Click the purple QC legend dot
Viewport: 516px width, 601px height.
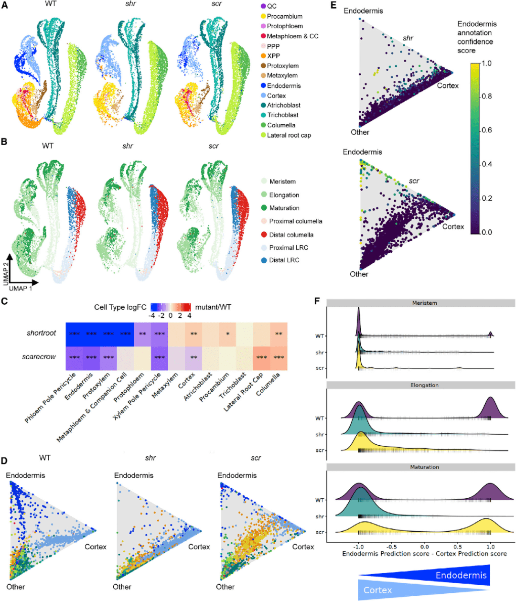[x=263, y=6]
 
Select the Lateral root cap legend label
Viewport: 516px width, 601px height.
[x=289, y=135]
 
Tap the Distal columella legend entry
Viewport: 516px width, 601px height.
[x=291, y=235]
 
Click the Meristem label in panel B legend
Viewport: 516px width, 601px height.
[x=282, y=182]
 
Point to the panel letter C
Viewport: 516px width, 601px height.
[x=4, y=301]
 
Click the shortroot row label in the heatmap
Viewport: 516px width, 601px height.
[x=41, y=333]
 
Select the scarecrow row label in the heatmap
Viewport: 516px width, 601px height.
[x=39, y=357]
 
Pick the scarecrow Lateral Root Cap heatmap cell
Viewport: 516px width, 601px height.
[x=261, y=357]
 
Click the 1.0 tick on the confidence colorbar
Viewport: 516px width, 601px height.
[x=486, y=64]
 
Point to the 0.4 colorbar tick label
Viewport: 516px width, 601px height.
[x=486, y=164]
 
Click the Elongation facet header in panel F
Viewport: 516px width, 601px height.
[x=424, y=385]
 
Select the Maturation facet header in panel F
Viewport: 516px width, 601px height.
[x=424, y=467]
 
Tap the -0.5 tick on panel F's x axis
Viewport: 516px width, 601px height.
[x=391, y=547]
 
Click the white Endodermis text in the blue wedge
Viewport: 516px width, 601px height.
[x=461, y=575]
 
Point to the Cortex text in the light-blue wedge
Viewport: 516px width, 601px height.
[x=377, y=590]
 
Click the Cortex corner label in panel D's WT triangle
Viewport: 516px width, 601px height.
[x=96, y=547]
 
